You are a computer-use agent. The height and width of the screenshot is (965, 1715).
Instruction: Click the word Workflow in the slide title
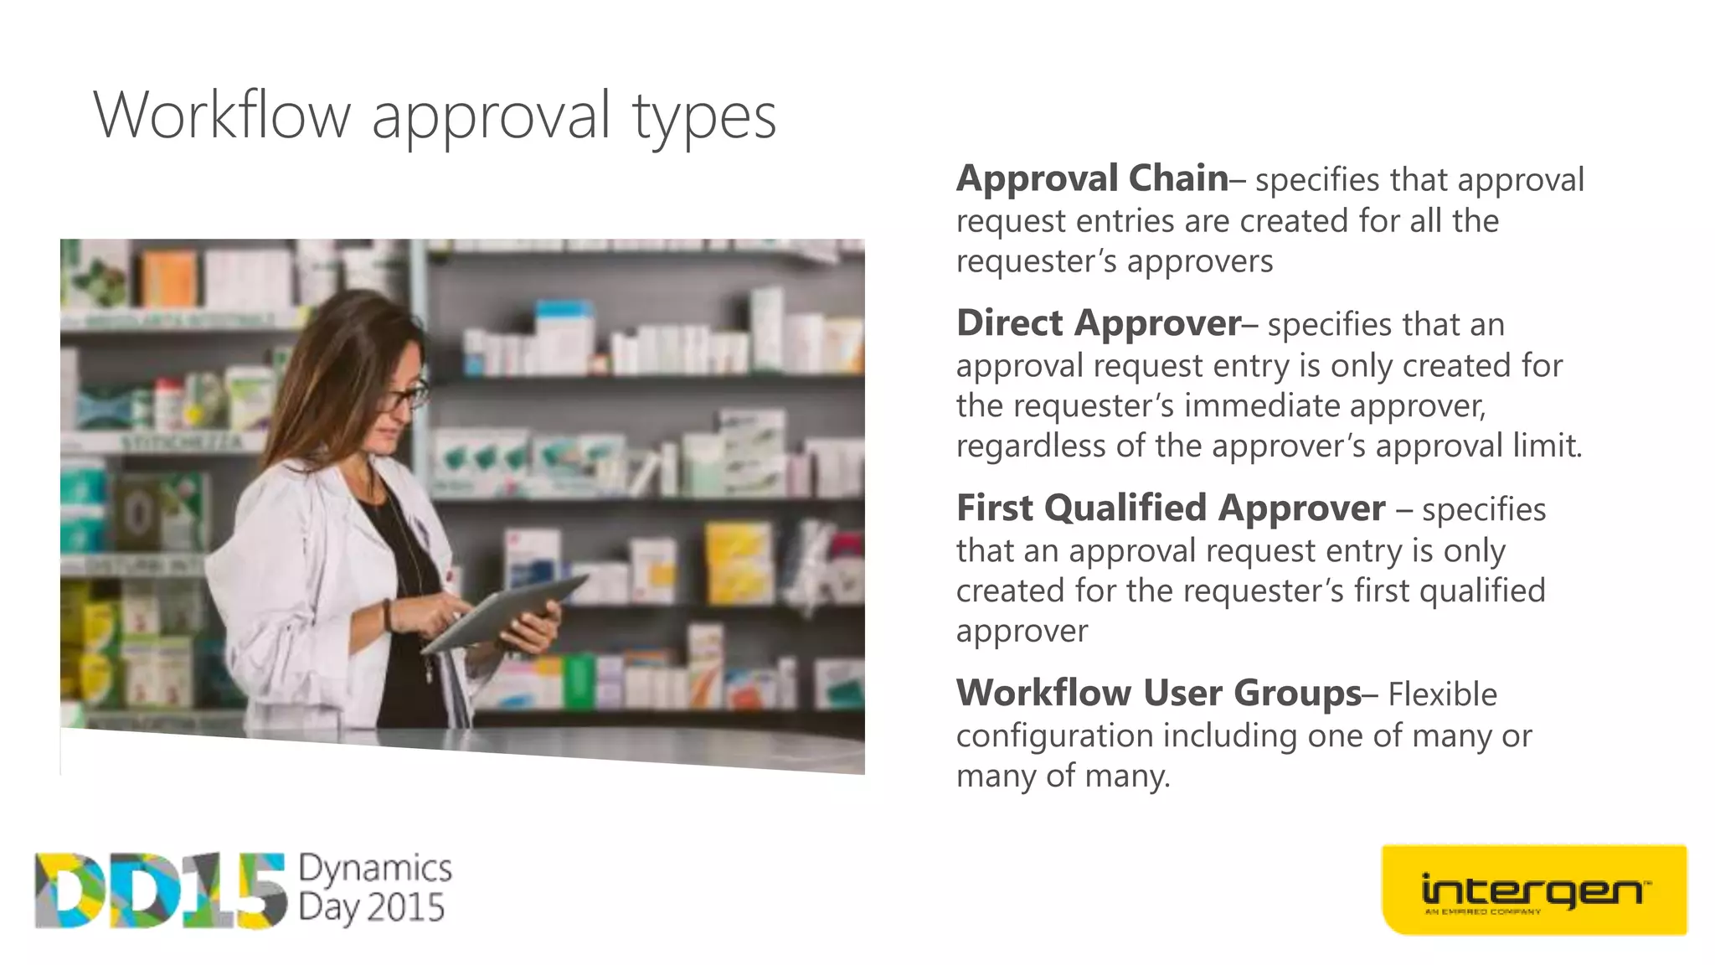tap(222, 116)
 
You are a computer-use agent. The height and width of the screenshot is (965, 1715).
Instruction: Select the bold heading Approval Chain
tap(1092, 178)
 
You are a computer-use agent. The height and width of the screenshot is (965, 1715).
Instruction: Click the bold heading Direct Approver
tap(1099, 323)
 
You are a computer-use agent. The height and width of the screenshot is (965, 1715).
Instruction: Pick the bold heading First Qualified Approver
tap(1170, 508)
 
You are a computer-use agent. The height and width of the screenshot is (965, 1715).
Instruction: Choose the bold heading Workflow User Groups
tap(1159, 694)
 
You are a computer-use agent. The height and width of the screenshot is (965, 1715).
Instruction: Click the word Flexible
tap(1442, 694)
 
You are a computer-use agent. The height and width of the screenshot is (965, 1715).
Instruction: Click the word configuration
tap(1054, 736)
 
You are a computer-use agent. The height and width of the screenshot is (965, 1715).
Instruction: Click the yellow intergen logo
tap(1533, 890)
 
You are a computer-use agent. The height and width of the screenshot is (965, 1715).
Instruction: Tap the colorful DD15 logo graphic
tap(159, 890)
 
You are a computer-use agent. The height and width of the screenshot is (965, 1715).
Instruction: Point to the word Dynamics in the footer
tap(375, 868)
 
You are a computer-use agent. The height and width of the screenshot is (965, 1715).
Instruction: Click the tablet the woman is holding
tap(502, 612)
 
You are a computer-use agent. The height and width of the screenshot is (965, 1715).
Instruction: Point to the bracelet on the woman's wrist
tap(388, 616)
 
